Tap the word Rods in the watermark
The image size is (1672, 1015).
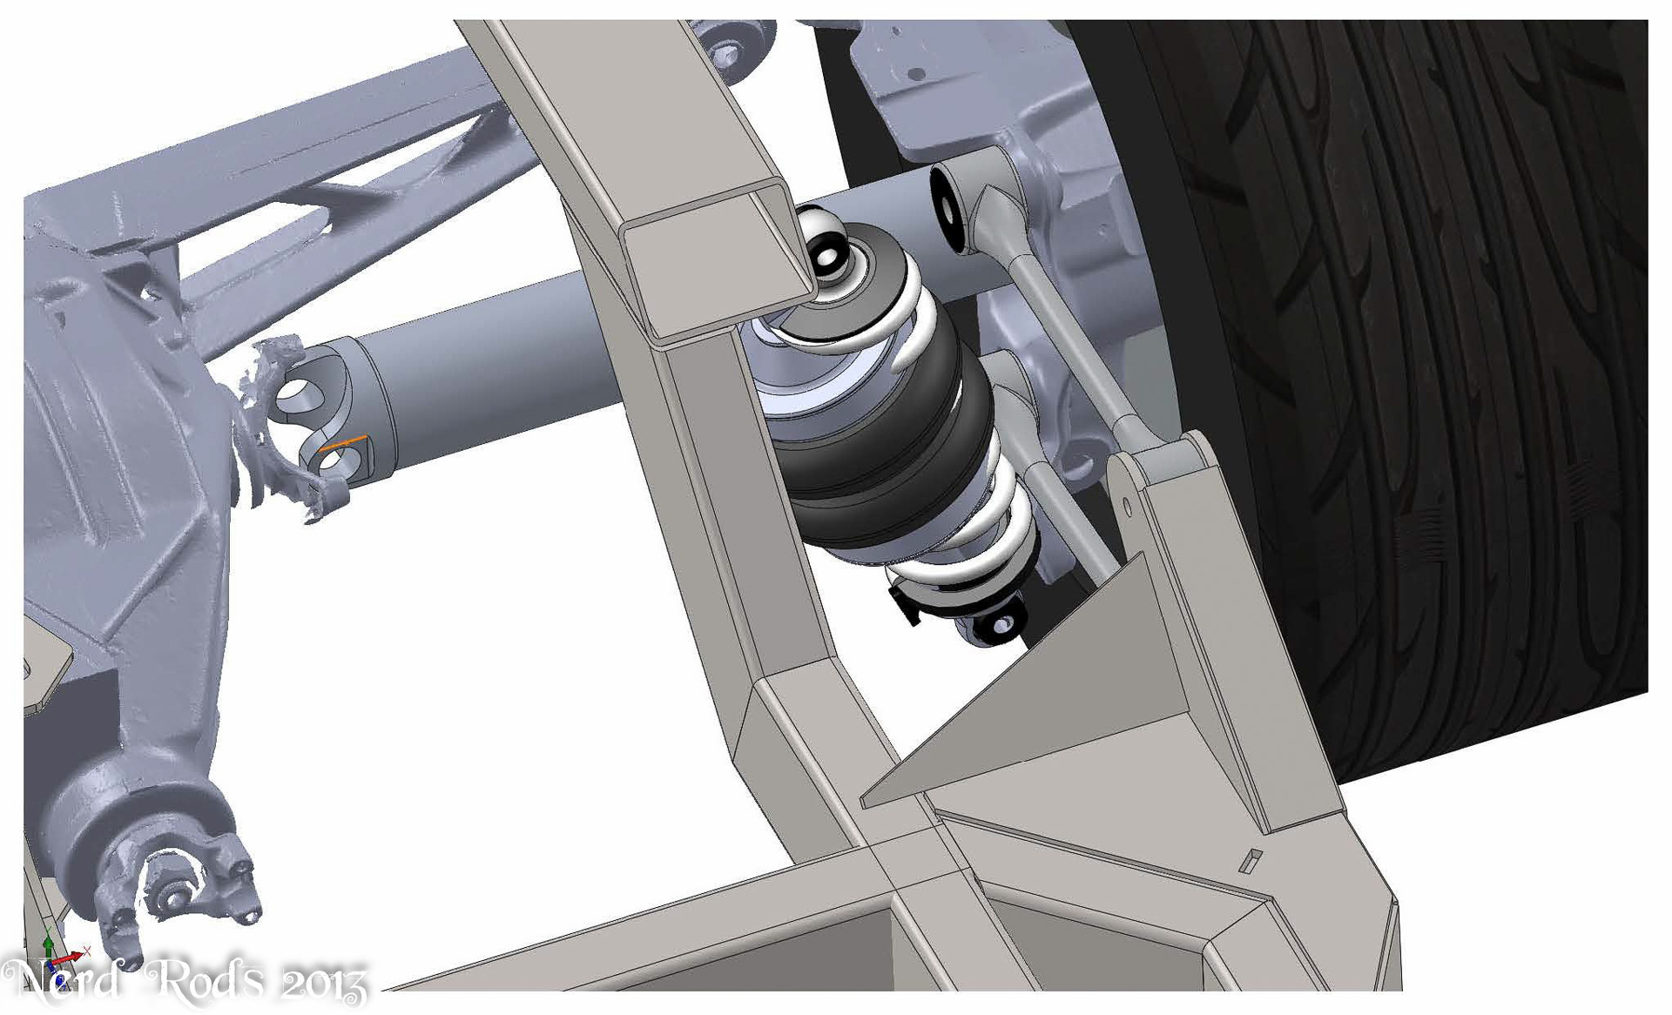[205, 979]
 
